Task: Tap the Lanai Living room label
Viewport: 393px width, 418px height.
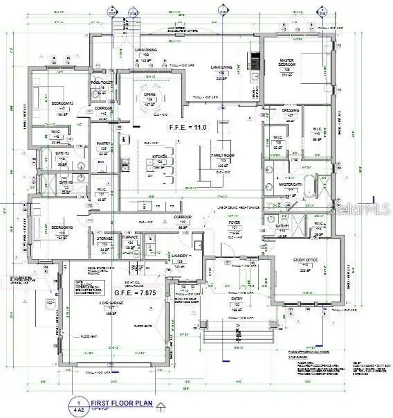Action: click(221, 69)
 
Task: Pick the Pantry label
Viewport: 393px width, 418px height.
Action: click(104, 146)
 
